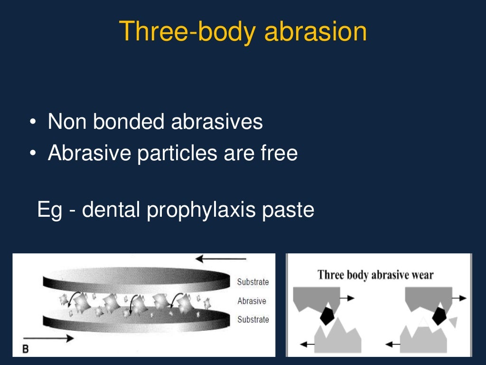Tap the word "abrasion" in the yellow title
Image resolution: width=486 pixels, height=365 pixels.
tap(316, 32)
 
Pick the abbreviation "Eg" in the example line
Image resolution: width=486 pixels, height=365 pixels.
tap(49, 210)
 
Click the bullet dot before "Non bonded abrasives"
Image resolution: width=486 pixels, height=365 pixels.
tap(33, 123)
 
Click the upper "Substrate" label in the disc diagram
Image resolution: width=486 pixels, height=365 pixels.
tap(252, 282)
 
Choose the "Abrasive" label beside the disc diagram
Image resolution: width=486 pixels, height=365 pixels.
tap(252, 301)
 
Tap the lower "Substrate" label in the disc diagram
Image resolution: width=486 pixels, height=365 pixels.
tap(252, 319)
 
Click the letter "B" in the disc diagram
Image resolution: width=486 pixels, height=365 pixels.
tap(26, 349)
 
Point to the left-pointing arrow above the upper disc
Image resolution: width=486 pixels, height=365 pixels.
tap(221, 259)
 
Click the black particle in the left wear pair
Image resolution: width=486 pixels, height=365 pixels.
tap(327, 315)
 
